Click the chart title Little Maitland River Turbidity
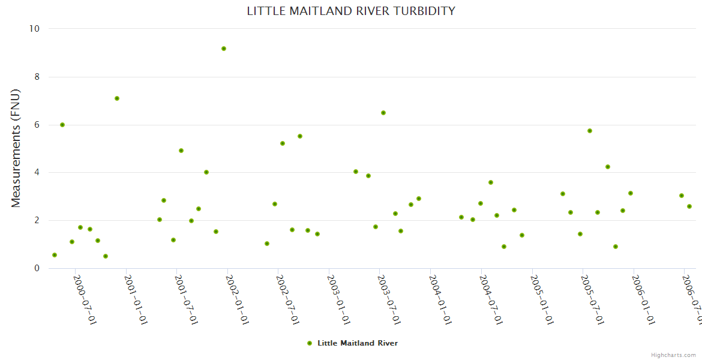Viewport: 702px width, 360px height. (x=351, y=11)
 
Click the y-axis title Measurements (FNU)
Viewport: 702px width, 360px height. (x=16, y=148)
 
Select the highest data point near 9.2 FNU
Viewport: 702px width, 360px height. (x=224, y=49)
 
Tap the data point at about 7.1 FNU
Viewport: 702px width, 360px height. (x=117, y=98)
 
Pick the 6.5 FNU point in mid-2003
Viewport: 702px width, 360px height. (x=383, y=113)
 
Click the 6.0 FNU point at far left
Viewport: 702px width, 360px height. (x=62, y=125)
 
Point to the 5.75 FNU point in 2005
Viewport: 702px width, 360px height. (x=590, y=131)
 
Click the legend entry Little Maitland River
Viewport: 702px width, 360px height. (x=357, y=343)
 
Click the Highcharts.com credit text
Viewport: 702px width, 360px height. (x=674, y=355)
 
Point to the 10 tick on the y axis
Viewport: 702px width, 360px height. (x=34, y=29)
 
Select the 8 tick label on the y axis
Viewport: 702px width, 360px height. (x=37, y=77)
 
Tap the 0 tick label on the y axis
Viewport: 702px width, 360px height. (x=37, y=268)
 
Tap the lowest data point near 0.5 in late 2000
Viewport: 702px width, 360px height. (x=106, y=256)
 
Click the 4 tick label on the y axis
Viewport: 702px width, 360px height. (x=37, y=173)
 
